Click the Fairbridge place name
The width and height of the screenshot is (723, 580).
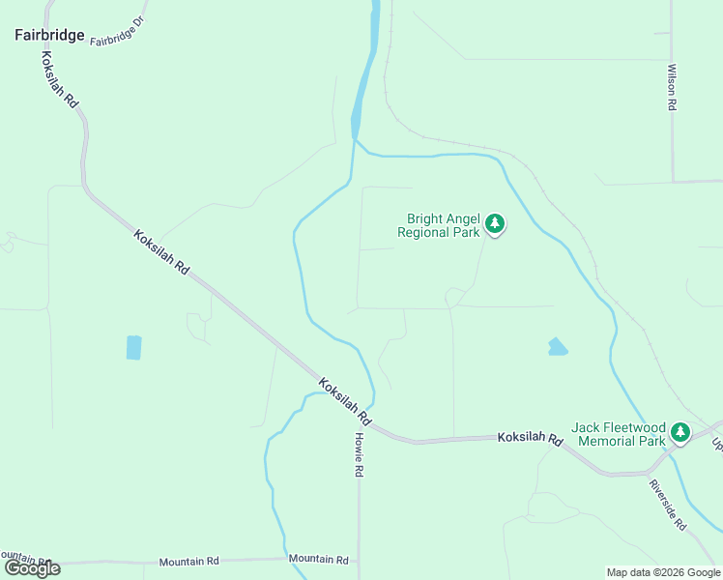coord(49,35)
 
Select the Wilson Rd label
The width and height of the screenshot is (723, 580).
coord(671,87)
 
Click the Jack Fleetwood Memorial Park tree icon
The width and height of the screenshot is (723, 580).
coord(680,433)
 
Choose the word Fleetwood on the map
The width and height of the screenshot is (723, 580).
coord(628,427)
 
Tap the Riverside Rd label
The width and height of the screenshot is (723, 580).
coord(667,505)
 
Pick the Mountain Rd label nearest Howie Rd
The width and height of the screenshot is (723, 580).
coord(318,559)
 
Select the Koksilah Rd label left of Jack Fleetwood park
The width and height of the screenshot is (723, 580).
coord(530,438)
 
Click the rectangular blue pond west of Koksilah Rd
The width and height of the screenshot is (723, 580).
coord(133,347)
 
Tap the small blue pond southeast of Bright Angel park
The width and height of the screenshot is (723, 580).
coord(558,346)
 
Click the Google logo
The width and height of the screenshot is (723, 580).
coord(32,568)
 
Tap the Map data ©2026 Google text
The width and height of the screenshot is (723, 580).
coord(663,572)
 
